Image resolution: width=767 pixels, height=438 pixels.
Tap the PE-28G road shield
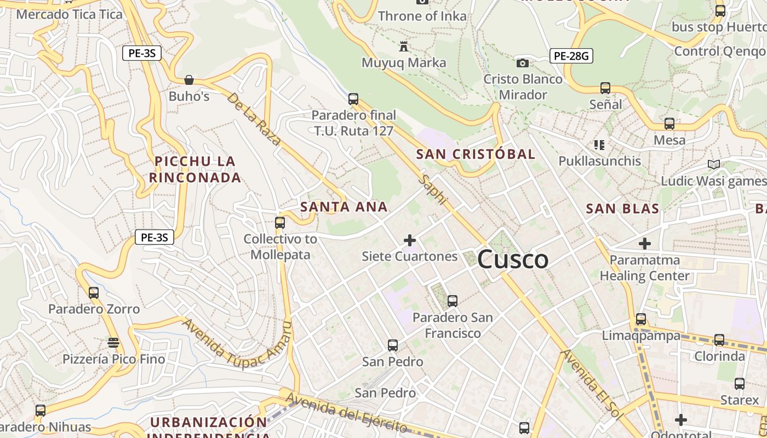coord(571,55)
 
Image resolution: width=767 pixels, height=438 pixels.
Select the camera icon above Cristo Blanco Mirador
coord(523,63)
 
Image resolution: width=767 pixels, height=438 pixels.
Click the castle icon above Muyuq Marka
coord(404,46)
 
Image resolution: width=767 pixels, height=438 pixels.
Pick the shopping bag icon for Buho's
coord(189,80)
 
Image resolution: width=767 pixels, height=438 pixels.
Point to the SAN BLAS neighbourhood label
coord(622,209)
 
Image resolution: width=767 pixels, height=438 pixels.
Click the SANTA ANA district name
coord(344,207)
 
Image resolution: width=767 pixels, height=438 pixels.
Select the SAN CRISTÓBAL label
coord(476,154)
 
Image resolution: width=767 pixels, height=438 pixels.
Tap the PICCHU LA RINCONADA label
coord(195,169)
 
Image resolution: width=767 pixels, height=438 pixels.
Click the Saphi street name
coord(433,189)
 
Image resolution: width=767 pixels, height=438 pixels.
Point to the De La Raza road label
coord(254,119)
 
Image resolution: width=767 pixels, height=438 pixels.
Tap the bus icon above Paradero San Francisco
coord(453,301)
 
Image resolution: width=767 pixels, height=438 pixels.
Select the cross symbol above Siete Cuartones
coord(409,240)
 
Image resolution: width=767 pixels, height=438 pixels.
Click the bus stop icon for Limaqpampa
coord(641,319)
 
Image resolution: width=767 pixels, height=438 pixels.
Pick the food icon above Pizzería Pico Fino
coord(113,343)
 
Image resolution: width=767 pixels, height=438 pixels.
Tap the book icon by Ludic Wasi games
coord(713,164)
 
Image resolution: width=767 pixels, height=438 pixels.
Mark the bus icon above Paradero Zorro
coord(94,293)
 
